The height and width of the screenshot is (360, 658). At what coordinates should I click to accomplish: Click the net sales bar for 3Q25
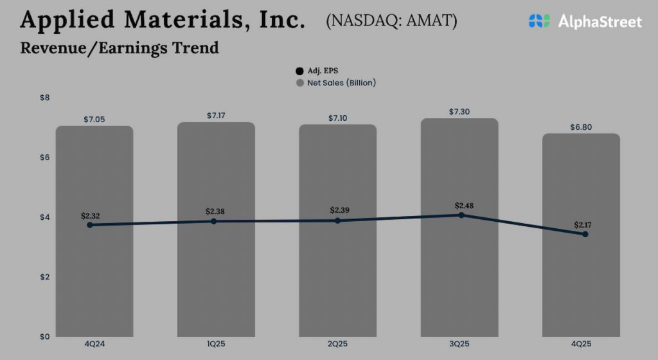click(x=459, y=270)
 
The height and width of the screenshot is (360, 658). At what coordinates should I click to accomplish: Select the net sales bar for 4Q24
click(x=94, y=276)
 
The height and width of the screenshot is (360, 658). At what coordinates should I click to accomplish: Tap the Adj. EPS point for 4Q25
click(x=585, y=234)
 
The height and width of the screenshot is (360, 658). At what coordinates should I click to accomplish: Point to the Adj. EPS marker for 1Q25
click(x=214, y=221)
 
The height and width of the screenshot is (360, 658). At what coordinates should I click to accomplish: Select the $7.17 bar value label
click(x=217, y=116)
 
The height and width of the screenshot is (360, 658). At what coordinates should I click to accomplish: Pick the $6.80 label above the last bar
click(x=581, y=127)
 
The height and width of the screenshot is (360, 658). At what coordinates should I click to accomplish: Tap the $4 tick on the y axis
click(x=45, y=217)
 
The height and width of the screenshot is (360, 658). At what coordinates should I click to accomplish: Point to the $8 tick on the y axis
click(x=45, y=98)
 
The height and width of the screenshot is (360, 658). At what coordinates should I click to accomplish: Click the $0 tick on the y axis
click(x=45, y=336)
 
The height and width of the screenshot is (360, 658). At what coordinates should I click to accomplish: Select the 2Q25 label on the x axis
click(x=337, y=345)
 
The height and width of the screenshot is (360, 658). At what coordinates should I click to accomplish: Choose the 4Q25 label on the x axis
click(x=581, y=345)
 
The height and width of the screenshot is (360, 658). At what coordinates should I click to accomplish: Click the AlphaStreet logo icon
click(x=540, y=21)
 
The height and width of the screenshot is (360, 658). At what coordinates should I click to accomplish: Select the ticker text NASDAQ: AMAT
click(x=391, y=21)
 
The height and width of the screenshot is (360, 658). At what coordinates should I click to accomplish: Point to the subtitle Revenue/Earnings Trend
click(x=120, y=48)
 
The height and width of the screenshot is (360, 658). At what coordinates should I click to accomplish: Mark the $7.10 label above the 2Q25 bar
click(x=337, y=118)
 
